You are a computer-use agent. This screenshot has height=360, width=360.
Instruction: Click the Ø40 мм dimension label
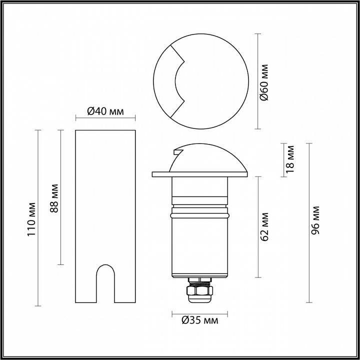(x=105, y=110)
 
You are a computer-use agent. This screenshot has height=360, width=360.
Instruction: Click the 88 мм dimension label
(x=55, y=197)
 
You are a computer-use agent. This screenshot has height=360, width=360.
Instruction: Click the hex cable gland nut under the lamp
(x=198, y=290)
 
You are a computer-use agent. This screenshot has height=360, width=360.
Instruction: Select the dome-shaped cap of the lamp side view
(x=210, y=157)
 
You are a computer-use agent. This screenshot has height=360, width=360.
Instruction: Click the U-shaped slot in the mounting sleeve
(x=105, y=282)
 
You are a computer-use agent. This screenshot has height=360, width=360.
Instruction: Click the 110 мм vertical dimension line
(x=38, y=260)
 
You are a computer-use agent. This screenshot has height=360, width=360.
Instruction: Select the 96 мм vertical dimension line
(x=309, y=260)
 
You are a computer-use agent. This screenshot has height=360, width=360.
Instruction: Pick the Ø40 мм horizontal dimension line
(x=105, y=118)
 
